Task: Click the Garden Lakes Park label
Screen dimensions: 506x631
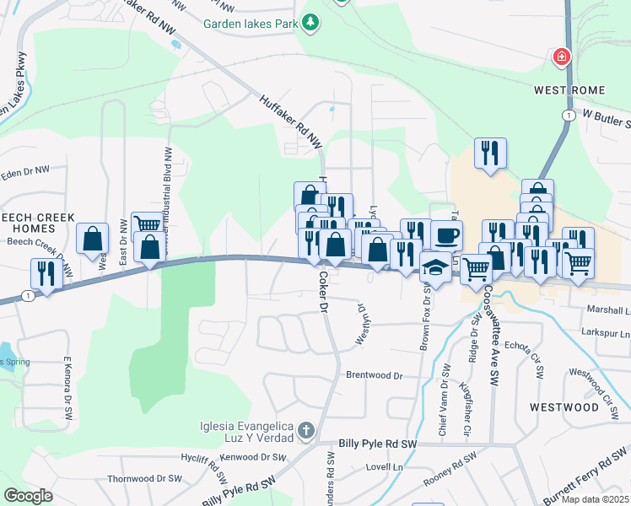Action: [x=251, y=24]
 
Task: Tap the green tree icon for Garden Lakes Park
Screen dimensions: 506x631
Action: [x=311, y=21]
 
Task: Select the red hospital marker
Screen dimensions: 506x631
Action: [x=559, y=57]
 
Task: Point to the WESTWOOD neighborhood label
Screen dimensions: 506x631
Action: [x=564, y=406]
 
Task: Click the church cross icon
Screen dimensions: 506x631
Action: [x=305, y=432]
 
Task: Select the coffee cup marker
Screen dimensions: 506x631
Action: [x=446, y=234]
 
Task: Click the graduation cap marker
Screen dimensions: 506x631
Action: [x=435, y=266]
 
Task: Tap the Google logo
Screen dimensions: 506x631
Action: [x=29, y=496]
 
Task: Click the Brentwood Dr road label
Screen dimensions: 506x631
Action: [x=375, y=374]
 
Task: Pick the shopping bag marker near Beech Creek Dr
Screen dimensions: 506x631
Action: [x=92, y=238]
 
